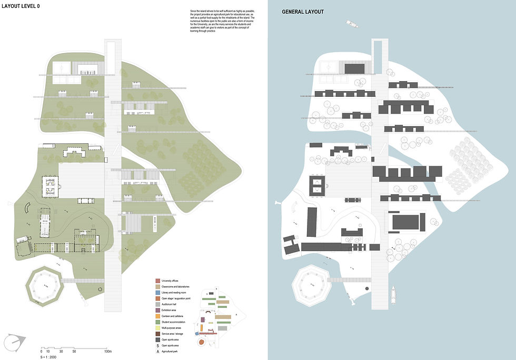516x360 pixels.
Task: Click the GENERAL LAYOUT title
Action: (303, 12)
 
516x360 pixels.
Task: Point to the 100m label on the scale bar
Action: (108, 351)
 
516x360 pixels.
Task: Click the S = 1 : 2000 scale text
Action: (51, 357)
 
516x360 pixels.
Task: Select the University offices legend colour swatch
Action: (157, 281)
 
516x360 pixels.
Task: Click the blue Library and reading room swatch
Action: (157, 292)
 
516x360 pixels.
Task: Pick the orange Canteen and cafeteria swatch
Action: (157, 315)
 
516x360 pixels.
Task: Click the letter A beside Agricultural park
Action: (157, 351)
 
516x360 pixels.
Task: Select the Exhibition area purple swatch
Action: (157, 309)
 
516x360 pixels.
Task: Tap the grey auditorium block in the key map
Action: (223, 328)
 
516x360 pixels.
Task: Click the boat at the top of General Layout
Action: (352, 24)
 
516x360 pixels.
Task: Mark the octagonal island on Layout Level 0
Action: (45, 286)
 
